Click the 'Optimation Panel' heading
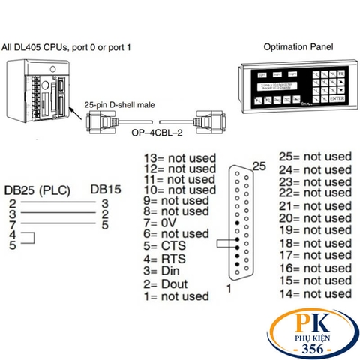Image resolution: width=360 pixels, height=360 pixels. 299,46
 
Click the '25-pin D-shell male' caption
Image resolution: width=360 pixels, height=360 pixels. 124,106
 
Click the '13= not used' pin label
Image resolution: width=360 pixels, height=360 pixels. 180,158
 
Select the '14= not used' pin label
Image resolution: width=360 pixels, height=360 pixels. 314,292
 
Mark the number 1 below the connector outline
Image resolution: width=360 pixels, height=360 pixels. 229,288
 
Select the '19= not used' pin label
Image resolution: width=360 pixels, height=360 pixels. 314,230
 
